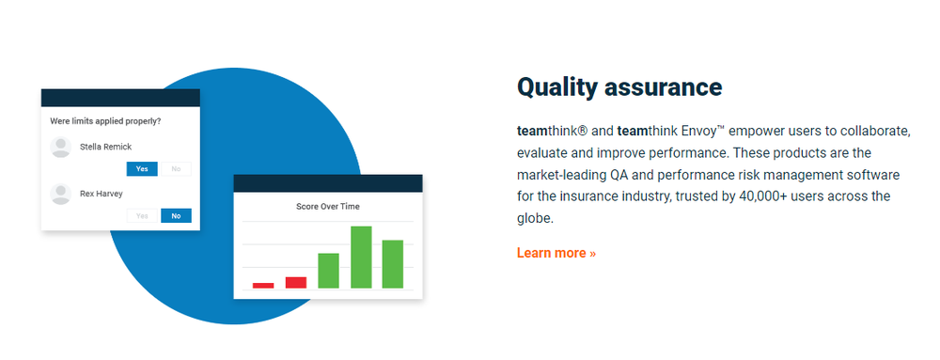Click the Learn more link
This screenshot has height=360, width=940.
(556, 253)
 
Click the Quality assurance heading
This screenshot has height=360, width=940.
(619, 86)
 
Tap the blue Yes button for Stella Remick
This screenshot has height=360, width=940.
(142, 169)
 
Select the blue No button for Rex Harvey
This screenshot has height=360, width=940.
(177, 215)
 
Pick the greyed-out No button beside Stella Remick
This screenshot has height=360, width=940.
(177, 169)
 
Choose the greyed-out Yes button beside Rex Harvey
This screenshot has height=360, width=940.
(142, 215)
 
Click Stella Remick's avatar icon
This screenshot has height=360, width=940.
(61, 147)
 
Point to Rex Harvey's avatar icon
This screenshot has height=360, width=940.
(61, 194)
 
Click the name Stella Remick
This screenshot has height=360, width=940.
(105, 147)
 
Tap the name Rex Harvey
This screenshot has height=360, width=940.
(102, 194)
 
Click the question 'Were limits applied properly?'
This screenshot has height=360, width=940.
(105, 121)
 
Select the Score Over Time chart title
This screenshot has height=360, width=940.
(328, 207)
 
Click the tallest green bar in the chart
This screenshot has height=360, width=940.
(361, 257)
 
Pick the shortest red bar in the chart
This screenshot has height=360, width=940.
(263, 286)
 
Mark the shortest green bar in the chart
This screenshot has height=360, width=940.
(328, 271)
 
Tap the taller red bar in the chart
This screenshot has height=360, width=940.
(296, 283)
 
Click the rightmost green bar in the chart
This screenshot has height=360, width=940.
(393, 264)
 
